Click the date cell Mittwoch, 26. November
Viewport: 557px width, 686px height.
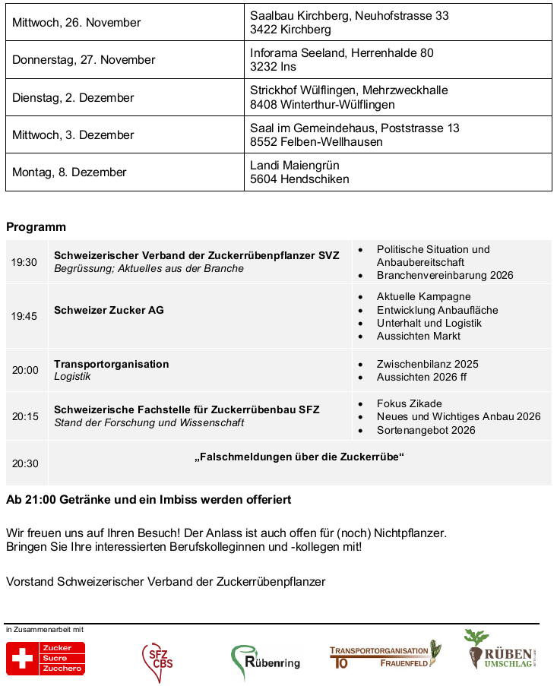pos(76,23)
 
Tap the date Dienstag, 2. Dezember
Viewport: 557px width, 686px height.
pos(73,98)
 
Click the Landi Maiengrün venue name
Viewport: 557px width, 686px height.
pos(294,166)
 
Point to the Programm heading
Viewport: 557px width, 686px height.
pos(36,227)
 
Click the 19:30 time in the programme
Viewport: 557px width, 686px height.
pos(24,262)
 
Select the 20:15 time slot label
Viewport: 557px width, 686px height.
pos(24,416)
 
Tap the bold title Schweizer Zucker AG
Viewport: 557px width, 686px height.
pos(109,310)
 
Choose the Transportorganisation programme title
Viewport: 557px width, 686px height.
pos(111,364)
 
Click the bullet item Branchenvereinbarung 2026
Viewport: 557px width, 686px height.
pos(445,275)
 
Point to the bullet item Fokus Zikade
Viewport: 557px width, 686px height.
pos(409,403)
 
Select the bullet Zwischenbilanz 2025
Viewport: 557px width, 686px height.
pos(427,364)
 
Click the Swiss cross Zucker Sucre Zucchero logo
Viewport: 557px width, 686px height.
pos(46,659)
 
